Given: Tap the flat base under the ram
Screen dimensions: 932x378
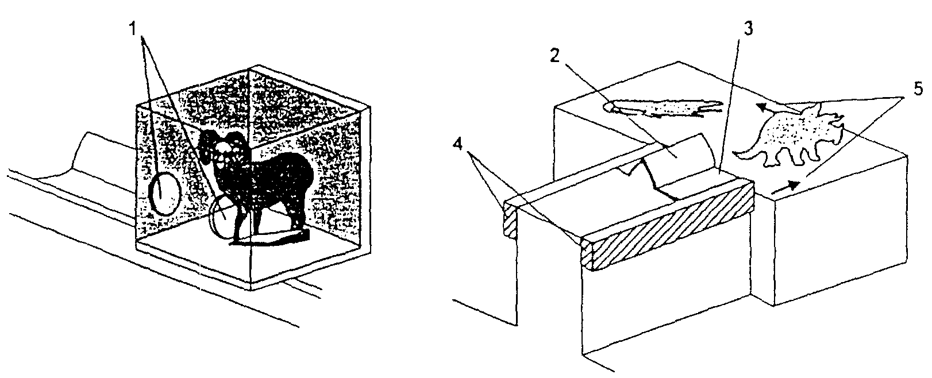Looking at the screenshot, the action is [x=271, y=238].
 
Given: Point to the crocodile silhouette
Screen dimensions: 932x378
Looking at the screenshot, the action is [x=664, y=108].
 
